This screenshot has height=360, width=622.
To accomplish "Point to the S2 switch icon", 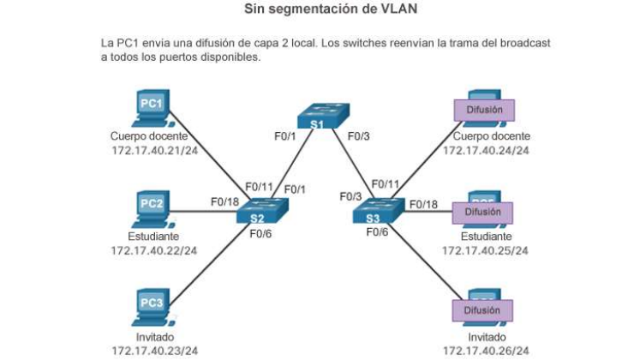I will pyautogui.click(x=262, y=211).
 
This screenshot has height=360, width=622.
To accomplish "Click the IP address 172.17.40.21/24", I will pyautogui.click(x=154, y=151).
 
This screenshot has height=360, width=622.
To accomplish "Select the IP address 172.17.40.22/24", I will pyautogui.click(x=154, y=250).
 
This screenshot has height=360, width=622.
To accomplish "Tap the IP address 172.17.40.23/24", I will pyautogui.click(x=154, y=351).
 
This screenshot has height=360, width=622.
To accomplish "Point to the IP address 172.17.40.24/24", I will pyautogui.click(x=486, y=151).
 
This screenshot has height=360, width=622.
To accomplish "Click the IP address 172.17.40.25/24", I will pyautogui.click(x=486, y=250).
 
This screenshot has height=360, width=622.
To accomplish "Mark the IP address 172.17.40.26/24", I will pyautogui.click(x=486, y=351).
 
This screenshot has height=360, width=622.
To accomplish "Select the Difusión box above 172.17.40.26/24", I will pyautogui.click(x=482, y=310).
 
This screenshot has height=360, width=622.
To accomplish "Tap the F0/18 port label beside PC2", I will pyautogui.click(x=224, y=201).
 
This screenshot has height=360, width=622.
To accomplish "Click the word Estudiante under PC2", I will pyautogui.click(x=154, y=237).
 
